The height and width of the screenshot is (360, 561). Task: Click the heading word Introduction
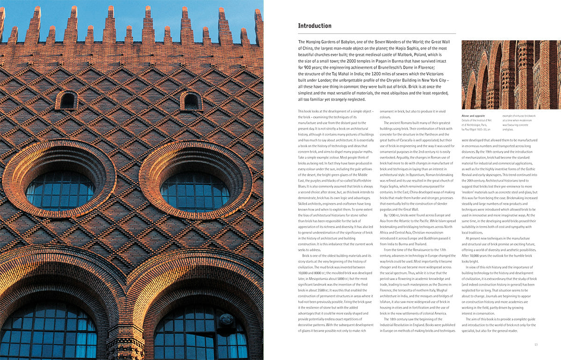point(315,26)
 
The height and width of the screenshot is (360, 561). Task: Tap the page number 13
point(536,345)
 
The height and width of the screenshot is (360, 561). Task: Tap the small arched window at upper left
point(67,100)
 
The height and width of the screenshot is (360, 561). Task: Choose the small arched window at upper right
point(191,101)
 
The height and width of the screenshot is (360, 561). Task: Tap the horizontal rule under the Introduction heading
point(377,34)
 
